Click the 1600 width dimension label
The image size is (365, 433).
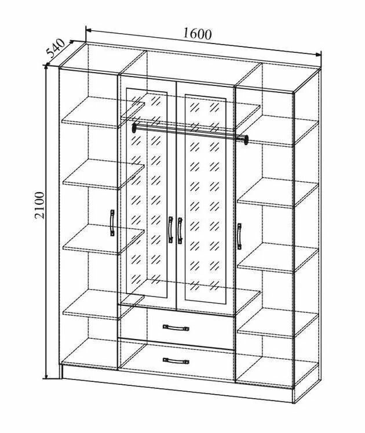(197, 34)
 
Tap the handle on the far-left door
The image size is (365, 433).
(111, 224)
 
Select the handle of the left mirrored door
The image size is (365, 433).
(170, 230)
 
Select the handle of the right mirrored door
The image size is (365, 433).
(180, 230)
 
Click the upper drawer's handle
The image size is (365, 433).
(176, 327)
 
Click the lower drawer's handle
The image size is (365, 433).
(176, 361)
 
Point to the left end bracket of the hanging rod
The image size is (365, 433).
(134, 128)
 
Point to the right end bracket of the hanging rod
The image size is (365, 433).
(246, 139)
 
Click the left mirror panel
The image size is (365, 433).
(147, 192)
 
